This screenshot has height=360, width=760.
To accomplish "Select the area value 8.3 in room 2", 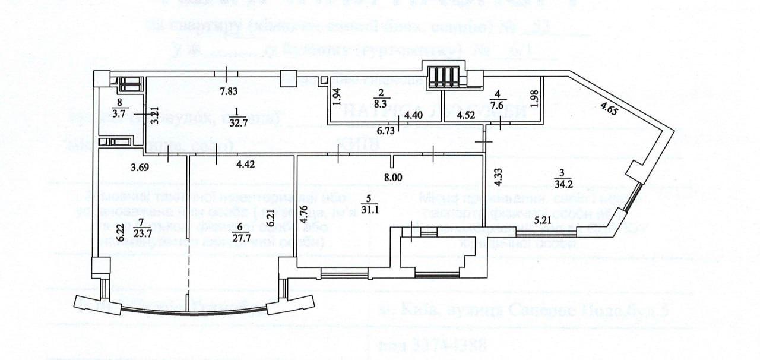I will pyautogui.click(x=381, y=103).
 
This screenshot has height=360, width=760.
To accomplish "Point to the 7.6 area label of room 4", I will pyautogui.click(x=498, y=103).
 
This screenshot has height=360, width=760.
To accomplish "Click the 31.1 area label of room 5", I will pyautogui.click(x=369, y=207).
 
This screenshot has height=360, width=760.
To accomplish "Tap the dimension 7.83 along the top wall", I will pyautogui.click(x=229, y=90).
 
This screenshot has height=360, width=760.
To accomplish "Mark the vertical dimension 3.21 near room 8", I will pyautogui.click(x=154, y=113).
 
